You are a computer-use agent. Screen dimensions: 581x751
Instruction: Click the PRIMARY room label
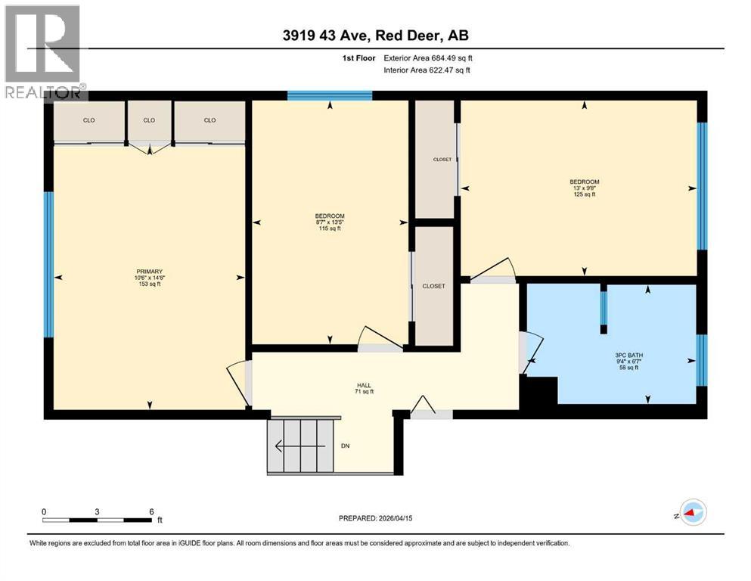149,272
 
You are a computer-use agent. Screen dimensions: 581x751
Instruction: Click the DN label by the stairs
346,446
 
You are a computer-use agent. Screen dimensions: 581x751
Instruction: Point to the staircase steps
300,446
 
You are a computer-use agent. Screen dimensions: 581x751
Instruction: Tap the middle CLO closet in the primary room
149,120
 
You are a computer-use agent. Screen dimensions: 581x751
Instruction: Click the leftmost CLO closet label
88,120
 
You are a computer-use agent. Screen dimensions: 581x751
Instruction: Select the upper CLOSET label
442,159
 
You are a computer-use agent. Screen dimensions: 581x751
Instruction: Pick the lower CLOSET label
434,286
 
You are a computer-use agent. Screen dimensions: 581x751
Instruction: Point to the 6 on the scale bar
152,511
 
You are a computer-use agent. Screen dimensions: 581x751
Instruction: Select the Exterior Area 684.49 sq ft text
428,57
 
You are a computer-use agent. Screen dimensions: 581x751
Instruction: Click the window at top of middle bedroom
330,95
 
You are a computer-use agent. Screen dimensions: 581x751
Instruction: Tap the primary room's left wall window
49,265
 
